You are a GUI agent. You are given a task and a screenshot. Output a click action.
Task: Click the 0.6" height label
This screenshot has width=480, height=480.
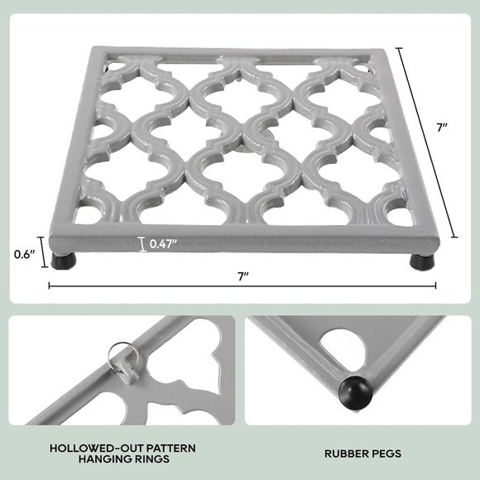tap(25, 255)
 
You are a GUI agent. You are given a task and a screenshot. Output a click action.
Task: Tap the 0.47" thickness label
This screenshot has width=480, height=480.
tap(166, 244)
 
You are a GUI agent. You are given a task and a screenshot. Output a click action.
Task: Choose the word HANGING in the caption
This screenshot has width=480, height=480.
tap(102, 460)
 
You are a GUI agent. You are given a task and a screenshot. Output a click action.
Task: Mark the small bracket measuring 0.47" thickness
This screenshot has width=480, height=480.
tap(142, 244)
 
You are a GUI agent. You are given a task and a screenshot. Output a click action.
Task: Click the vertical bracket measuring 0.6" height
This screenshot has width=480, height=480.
tap(45, 255)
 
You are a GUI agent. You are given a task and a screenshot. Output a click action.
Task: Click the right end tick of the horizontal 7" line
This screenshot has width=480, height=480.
tap(436, 286)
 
